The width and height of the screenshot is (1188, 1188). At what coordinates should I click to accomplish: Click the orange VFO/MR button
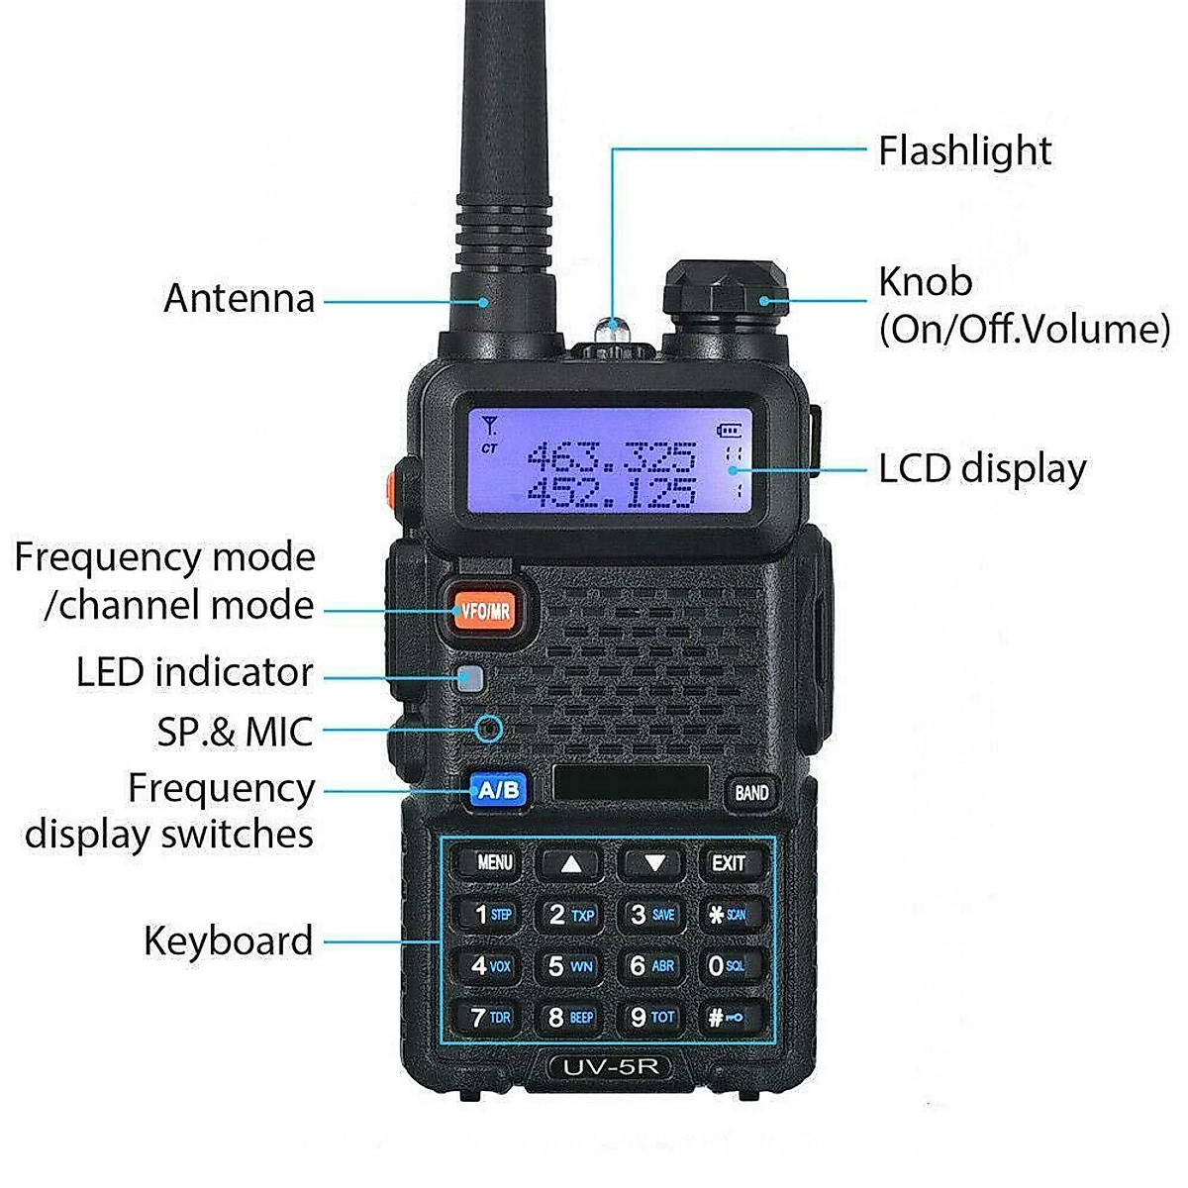pos(485,610)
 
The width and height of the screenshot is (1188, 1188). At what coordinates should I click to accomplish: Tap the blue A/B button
pos(497,790)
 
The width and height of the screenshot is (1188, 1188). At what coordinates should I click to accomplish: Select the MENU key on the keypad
pos(494,862)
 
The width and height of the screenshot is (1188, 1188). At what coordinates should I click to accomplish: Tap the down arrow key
pos(652,863)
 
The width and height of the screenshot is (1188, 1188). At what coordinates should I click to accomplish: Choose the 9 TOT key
pos(651,1016)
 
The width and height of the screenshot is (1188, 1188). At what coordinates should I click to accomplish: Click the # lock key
pos(730,1017)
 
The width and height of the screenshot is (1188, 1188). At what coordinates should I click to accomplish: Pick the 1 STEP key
pos(492,914)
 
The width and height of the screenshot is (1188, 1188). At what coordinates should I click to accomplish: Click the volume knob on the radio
pos(725,298)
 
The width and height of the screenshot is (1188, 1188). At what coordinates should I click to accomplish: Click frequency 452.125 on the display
pos(610,491)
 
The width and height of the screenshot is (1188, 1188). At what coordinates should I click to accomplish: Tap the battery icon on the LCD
pos(730,430)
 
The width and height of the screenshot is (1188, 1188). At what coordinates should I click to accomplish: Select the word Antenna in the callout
pos(239,298)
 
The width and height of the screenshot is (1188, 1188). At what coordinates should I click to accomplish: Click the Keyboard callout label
pos(228,940)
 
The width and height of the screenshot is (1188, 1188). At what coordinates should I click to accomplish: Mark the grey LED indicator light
pos(470,679)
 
